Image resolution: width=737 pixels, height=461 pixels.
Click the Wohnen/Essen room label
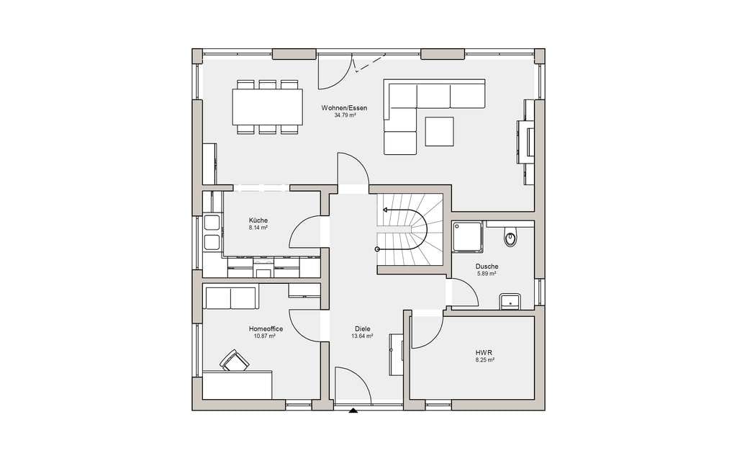[344, 108]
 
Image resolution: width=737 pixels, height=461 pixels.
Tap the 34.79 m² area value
[345, 115]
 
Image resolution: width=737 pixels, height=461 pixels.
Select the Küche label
[258, 220]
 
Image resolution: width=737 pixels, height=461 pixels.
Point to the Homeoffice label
[266, 328]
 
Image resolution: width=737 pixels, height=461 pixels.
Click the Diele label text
[363, 328]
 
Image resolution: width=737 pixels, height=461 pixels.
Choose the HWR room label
[484, 352]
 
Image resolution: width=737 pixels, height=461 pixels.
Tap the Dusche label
[487, 267]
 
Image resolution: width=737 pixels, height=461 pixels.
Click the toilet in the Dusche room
[510, 236]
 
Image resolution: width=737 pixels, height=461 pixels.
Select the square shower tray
[467, 236]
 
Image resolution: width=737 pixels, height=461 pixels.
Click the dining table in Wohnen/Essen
[267, 107]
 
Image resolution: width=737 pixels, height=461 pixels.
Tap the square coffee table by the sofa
[440, 131]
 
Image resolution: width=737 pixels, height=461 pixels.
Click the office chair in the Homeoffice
[234, 360]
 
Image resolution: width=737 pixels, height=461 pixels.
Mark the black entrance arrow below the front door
[353, 410]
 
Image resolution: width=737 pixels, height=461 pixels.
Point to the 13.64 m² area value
[363, 336]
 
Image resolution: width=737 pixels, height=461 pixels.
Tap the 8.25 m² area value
[484, 360]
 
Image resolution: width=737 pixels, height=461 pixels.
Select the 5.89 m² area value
[487, 273]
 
